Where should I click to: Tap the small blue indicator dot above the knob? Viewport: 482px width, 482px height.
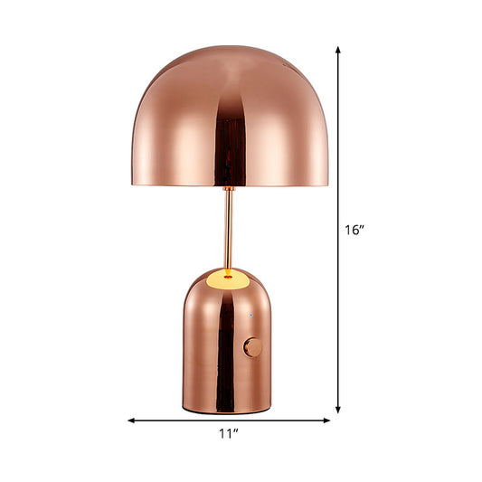tap(250, 317)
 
